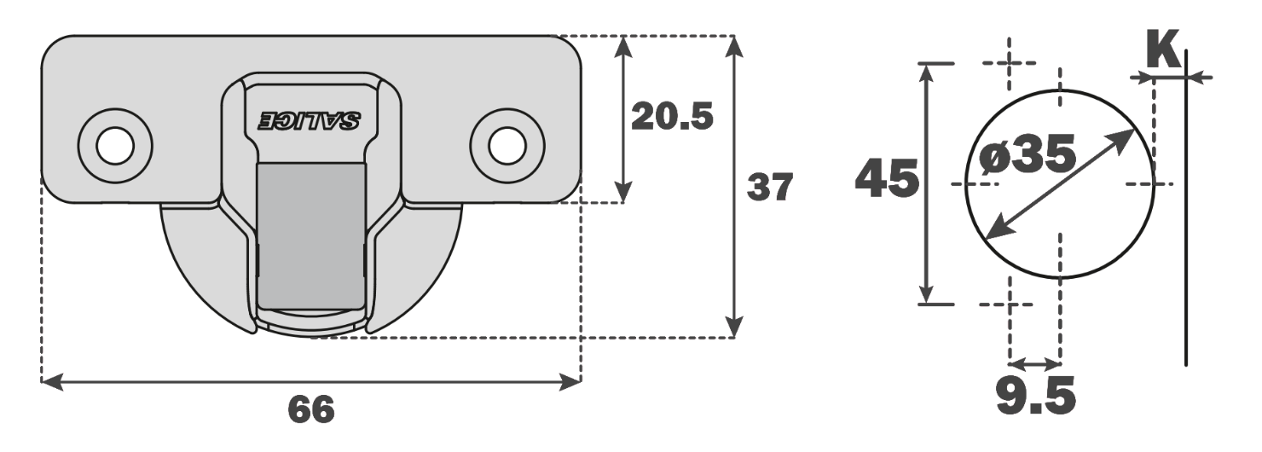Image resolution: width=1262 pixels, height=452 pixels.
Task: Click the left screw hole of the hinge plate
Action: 115,145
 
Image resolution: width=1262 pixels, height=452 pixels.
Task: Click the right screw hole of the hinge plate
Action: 507,145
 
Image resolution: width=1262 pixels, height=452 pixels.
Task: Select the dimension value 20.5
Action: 672,117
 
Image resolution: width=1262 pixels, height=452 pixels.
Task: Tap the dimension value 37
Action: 770,188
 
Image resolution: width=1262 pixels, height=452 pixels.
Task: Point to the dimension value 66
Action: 311,410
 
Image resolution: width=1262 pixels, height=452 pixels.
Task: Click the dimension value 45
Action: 887,179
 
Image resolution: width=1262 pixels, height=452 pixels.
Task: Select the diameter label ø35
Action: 1028,155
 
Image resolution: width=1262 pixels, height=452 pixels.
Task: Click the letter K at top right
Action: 1163,51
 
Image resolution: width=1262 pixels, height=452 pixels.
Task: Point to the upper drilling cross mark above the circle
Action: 1010,63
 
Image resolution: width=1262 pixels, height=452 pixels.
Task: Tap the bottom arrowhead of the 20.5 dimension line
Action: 624,194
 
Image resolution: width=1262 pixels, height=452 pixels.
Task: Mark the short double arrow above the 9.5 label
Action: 1034,360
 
